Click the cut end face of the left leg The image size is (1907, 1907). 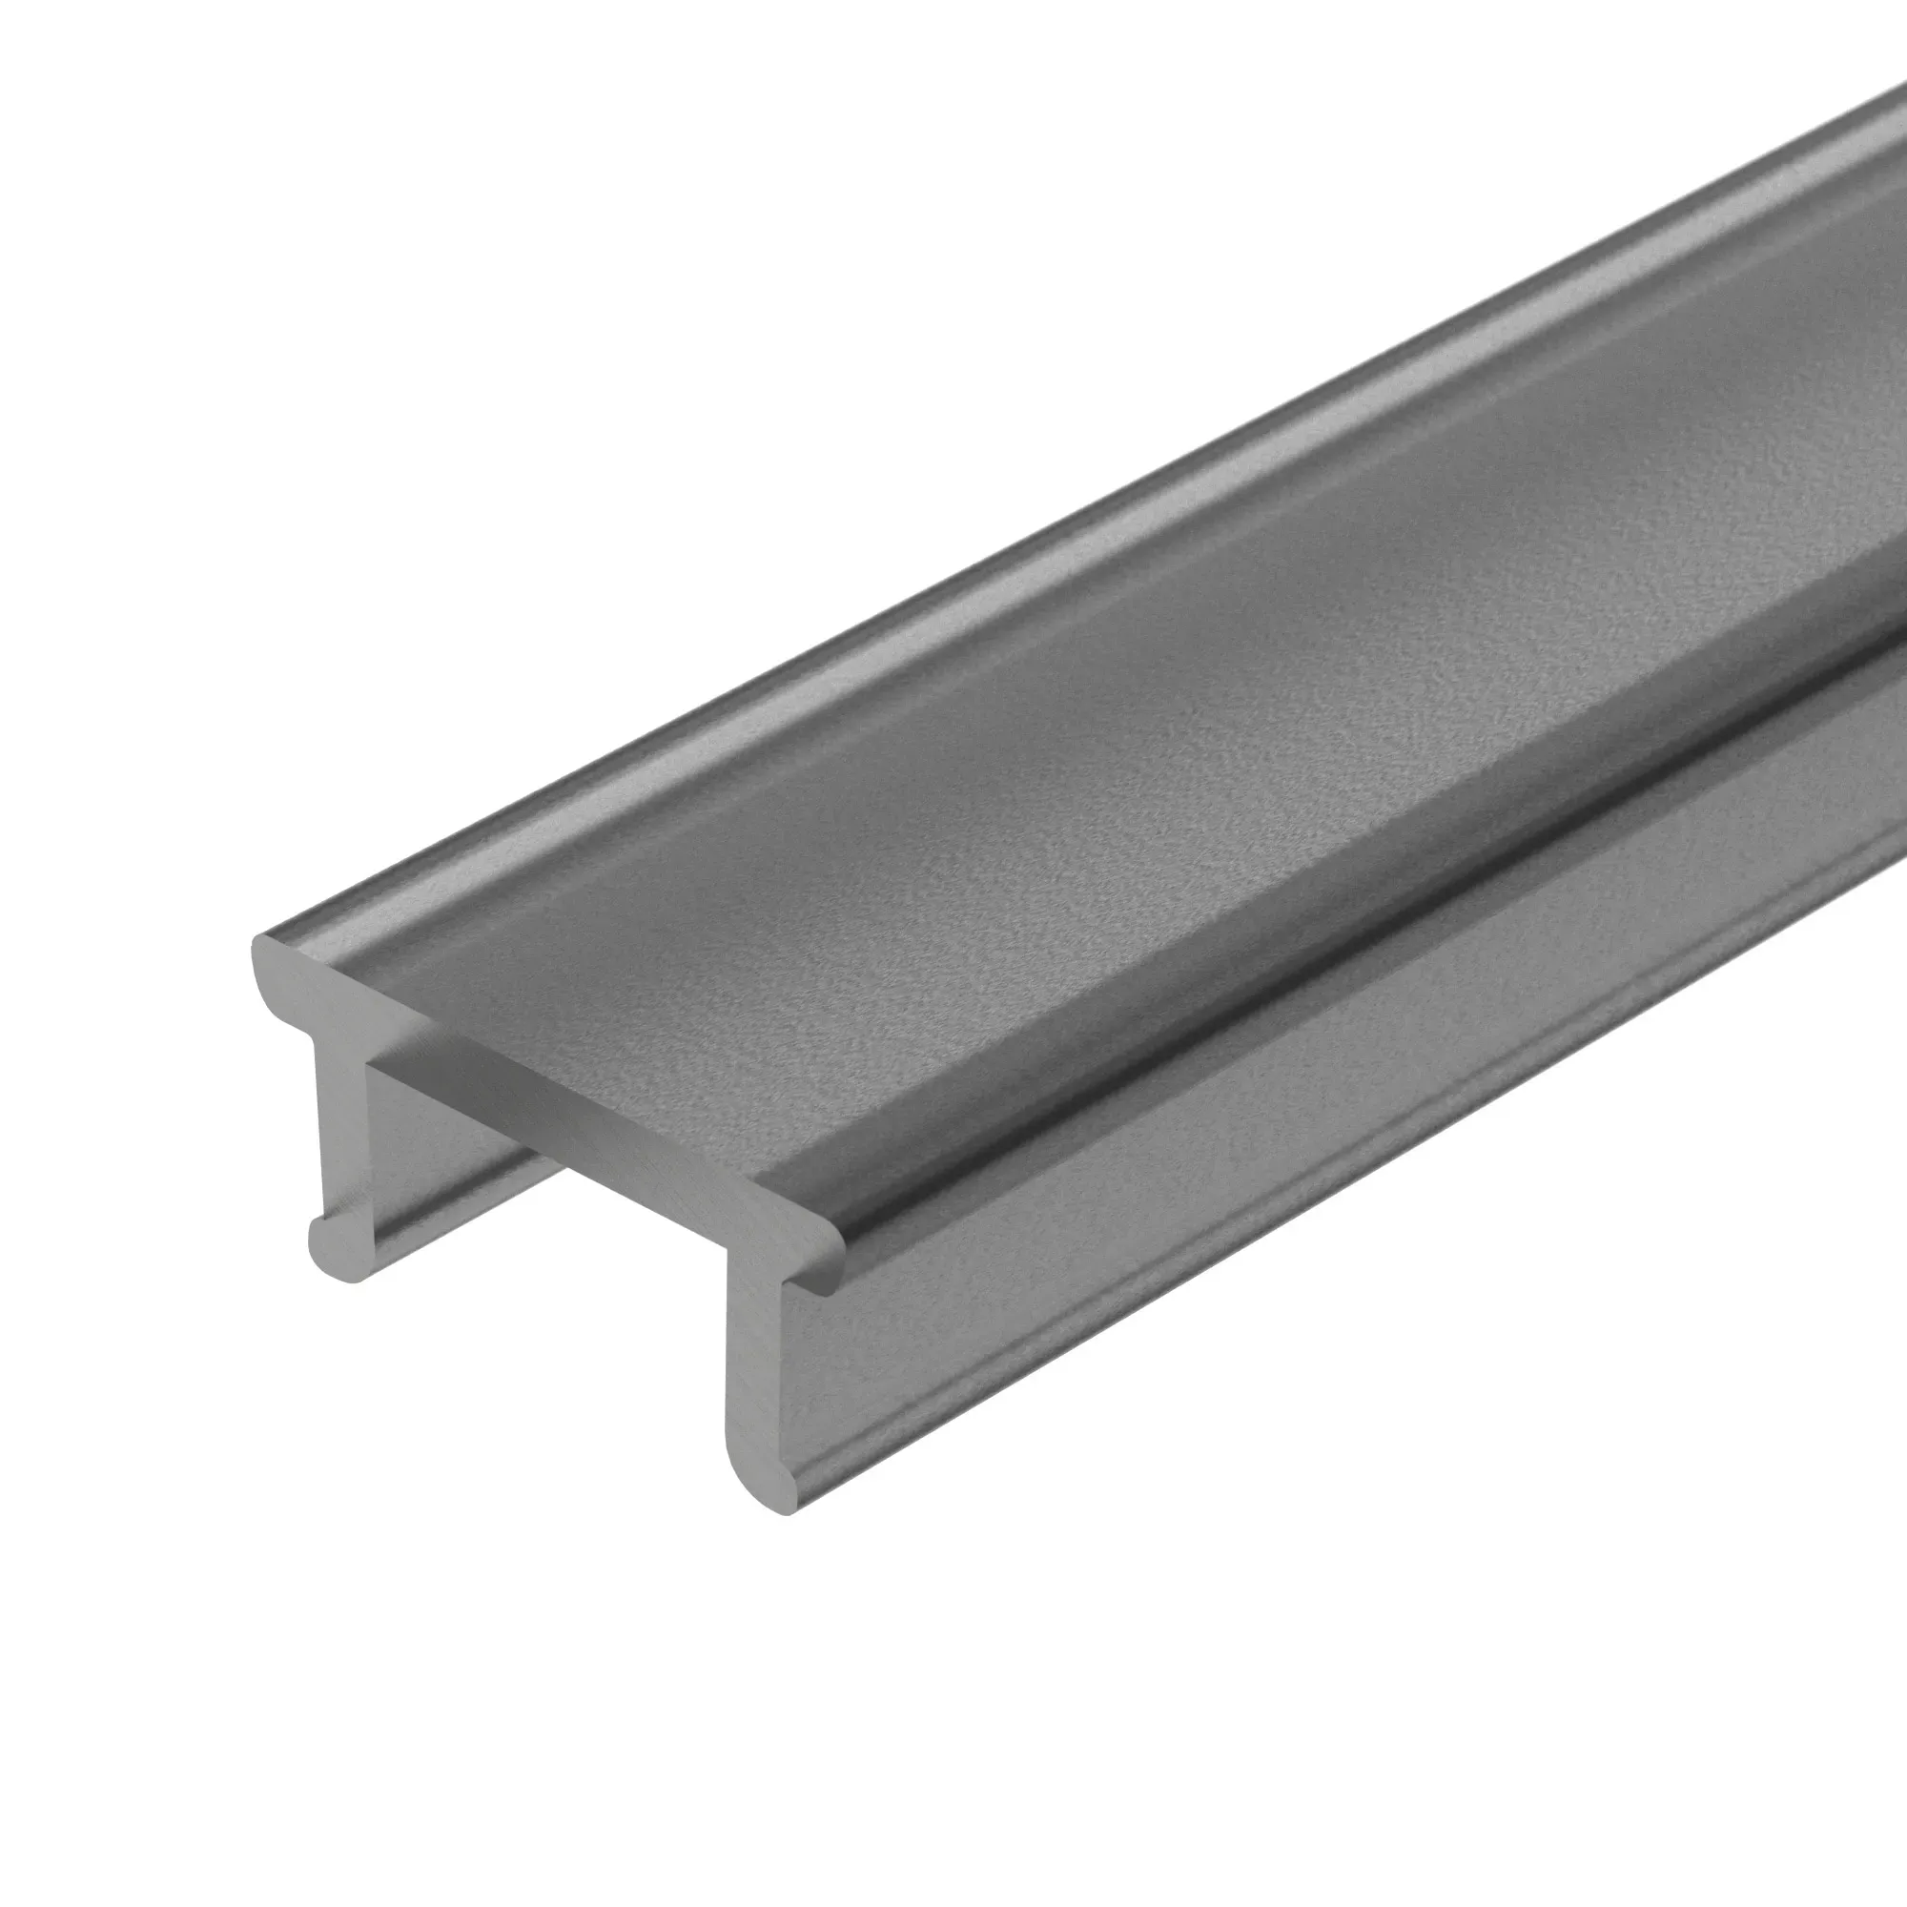click(x=340, y=1135)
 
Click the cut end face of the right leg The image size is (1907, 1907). click(x=755, y=1382)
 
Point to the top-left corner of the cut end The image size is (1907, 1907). click(x=258, y=943)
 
